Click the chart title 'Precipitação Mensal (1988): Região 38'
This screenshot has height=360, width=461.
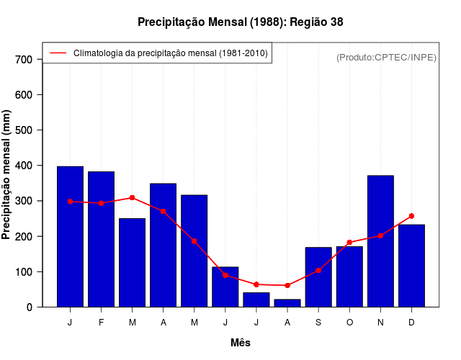pyautogui.click(x=240, y=22)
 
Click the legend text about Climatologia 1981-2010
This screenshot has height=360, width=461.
pyautogui.click(x=171, y=53)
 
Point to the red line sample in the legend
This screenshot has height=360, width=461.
pyautogui.click(x=58, y=53)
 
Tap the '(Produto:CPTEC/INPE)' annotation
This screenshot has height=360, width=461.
pyautogui.click(x=386, y=57)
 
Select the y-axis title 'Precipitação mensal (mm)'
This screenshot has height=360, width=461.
pyautogui.click(x=7, y=174)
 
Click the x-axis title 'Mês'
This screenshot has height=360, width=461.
pyautogui.click(x=241, y=343)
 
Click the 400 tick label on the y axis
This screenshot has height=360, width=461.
pyautogui.click(x=24, y=166)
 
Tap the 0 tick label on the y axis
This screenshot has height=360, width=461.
pyautogui.click(x=30, y=307)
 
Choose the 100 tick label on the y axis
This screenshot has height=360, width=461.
pyautogui.click(x=24, y=272)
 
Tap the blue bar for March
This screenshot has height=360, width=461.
pyautogui.click(x=132, y=263)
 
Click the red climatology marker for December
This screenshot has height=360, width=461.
pyautogui.click(x=411, y=216)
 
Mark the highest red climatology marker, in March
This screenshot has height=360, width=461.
pyautogui.click(x=132, y=197)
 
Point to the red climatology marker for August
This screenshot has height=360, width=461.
pyautogui.click(x=287, y=286)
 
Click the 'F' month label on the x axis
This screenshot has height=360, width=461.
pyautogui.click(x=101, y=323)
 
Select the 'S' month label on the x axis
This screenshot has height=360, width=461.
pyautogui.click(x=318, y=323)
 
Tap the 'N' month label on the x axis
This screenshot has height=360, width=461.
pyautogui.click(x=380, y=323)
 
